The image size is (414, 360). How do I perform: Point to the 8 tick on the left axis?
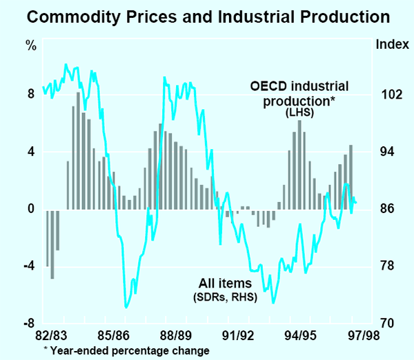coord(31,94)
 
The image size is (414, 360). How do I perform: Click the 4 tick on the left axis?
coord(31,152)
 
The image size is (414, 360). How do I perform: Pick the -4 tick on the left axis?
coord(29,266)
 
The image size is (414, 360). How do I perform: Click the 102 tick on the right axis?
coord(390,94)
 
